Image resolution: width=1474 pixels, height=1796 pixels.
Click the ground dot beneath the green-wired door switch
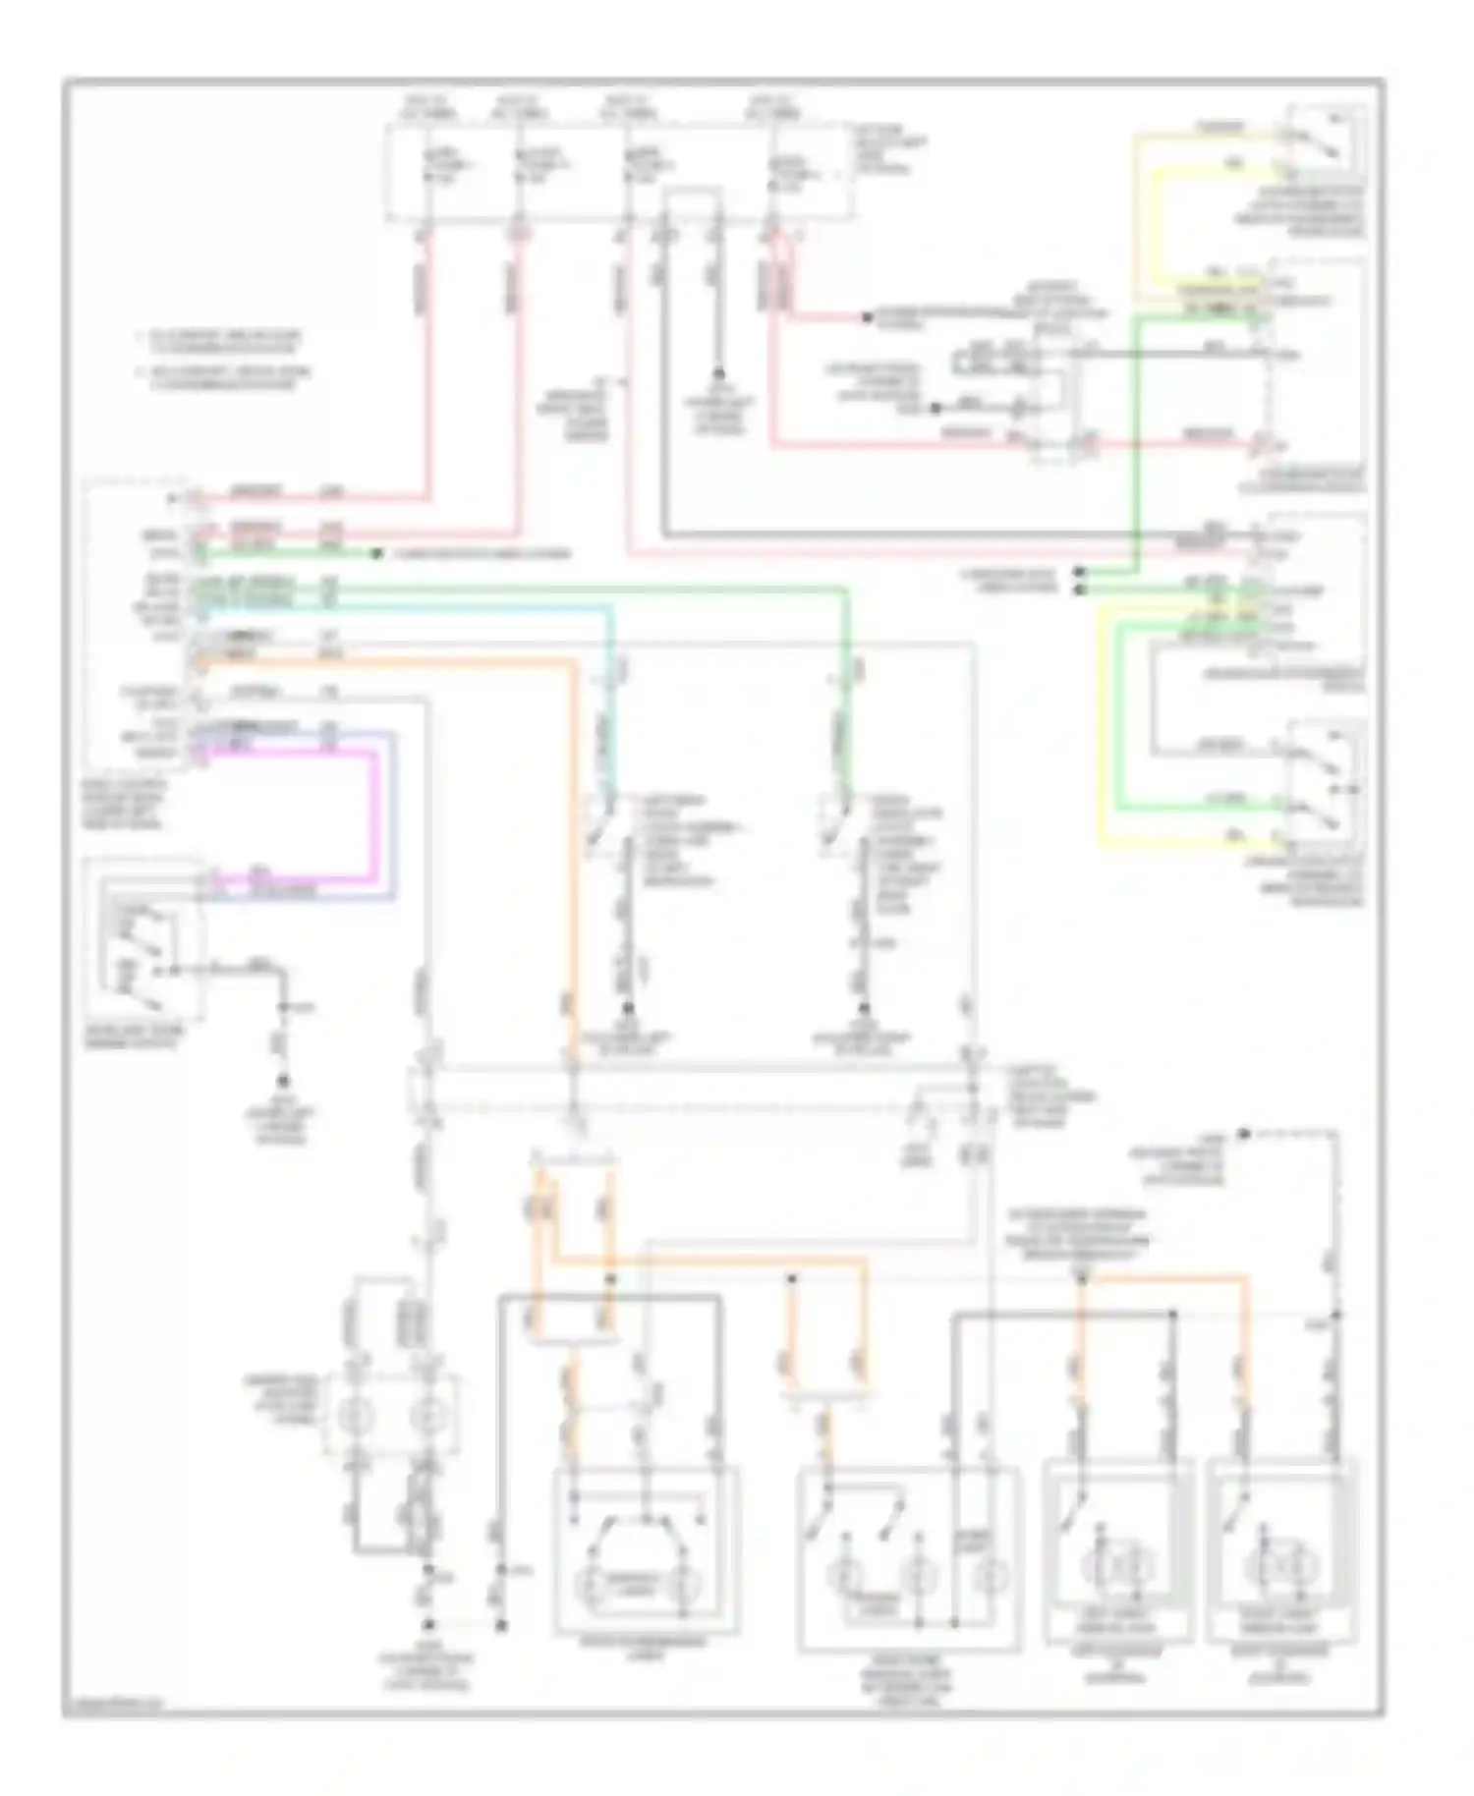(865, 1009)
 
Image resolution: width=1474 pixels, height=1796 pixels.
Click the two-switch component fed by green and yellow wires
(1322, 786)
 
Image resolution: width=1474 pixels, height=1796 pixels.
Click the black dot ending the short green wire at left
(376, 554)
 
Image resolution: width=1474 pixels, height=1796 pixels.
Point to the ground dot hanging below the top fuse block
(718, 373)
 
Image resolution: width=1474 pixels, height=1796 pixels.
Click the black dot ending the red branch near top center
(867, 317)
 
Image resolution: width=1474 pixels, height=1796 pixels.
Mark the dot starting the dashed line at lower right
(1243, 1135)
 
